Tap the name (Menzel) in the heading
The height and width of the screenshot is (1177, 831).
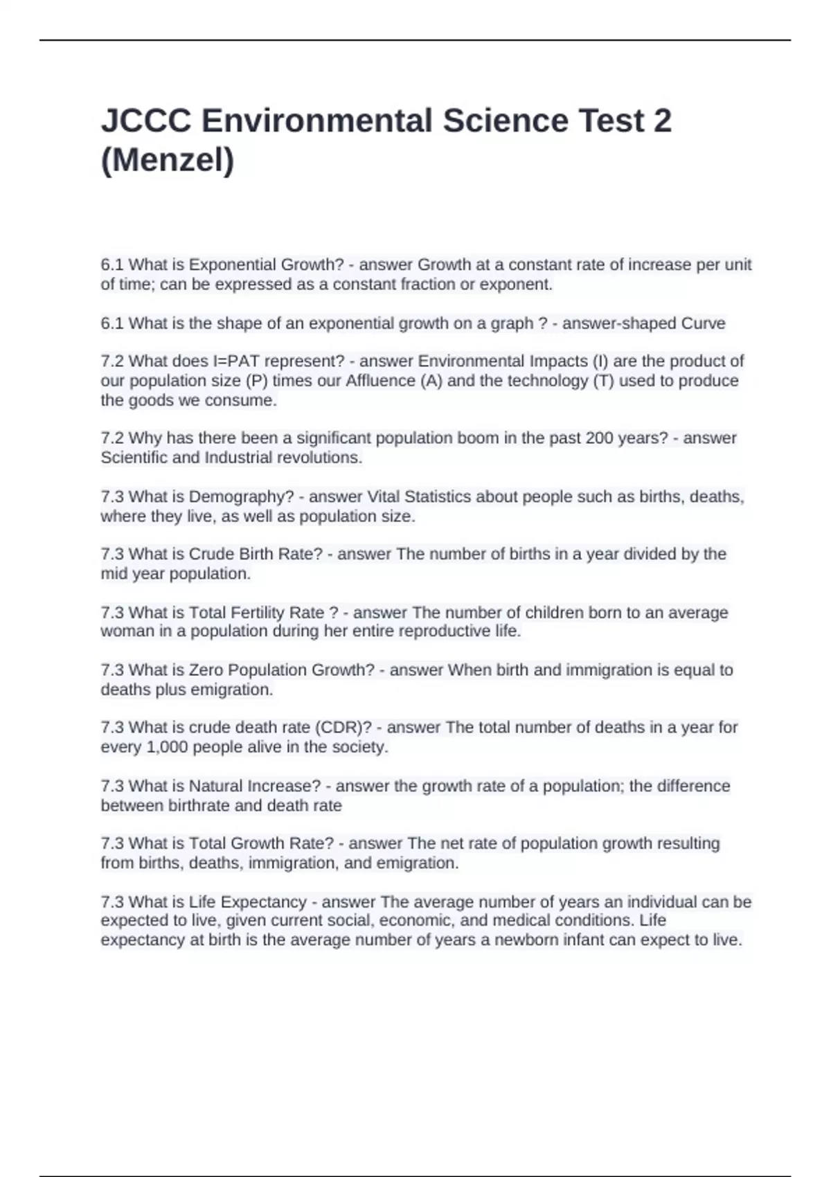click(168, 161)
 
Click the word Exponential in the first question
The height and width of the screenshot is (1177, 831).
click(228, 264)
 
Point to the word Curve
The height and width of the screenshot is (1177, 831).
click(703, 323)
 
